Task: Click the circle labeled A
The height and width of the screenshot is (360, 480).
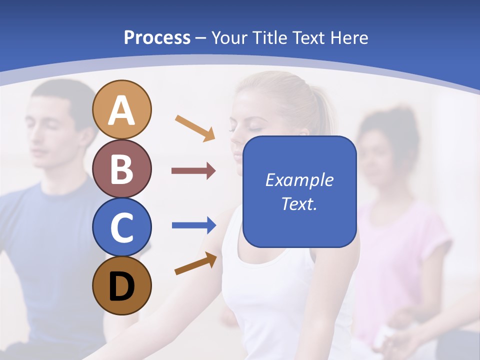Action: (x=122, y=109)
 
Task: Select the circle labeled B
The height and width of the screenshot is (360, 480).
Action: (x=122, y=168)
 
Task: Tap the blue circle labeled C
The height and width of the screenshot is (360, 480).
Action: (x=122, y=227)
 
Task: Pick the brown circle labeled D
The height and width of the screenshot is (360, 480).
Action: (x=122, y=286)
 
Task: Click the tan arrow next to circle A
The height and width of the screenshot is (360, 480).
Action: (x=195, y=128)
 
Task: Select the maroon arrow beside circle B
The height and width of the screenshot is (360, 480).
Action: (x=193, y=171)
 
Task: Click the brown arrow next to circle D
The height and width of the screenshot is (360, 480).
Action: (x=195, y=263)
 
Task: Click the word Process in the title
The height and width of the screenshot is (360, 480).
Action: (x=157, y=37)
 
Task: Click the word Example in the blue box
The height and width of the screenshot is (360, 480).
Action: (x=299, y=180)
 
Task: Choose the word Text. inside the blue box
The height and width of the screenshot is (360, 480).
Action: (x=299, y=203)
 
